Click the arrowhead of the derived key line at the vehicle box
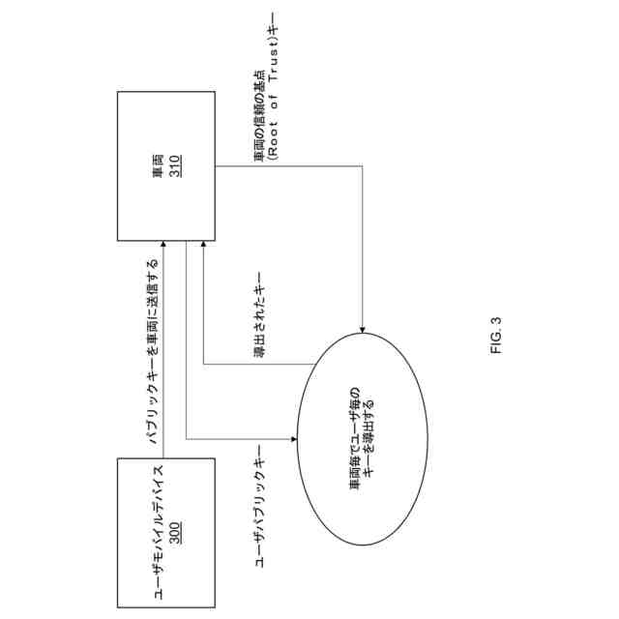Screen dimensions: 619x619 pos(203,247)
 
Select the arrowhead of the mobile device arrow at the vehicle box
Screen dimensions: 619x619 pos(163,247)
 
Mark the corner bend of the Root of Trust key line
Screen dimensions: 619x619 pos(363,165)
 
